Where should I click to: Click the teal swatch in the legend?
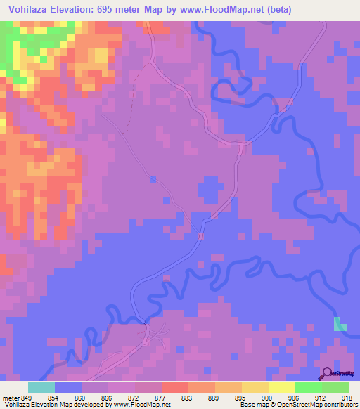point(41,388)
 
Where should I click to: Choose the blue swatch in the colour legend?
point(68,388)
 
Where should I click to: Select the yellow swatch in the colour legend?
point(282,388)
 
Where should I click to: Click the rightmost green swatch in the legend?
point(335,388)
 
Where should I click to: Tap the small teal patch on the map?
point(340,324)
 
